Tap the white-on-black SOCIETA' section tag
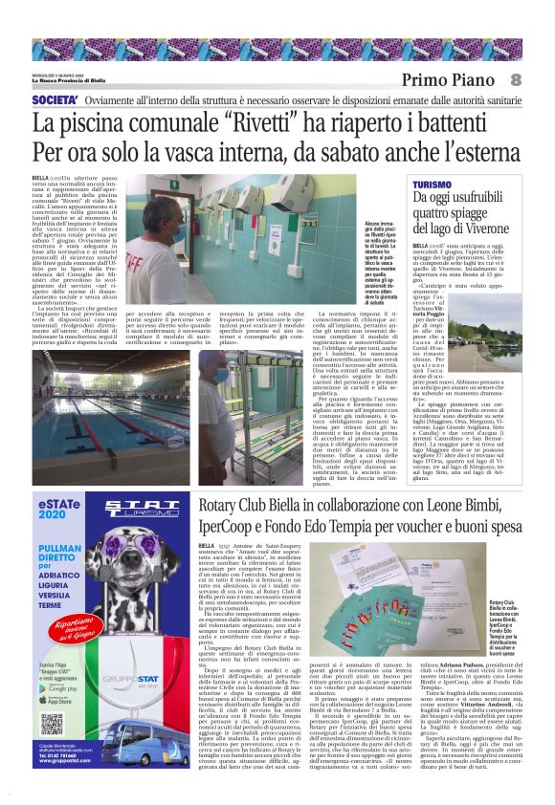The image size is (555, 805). (x=55, y=100)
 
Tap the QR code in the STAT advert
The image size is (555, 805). (x=52, y=723)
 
